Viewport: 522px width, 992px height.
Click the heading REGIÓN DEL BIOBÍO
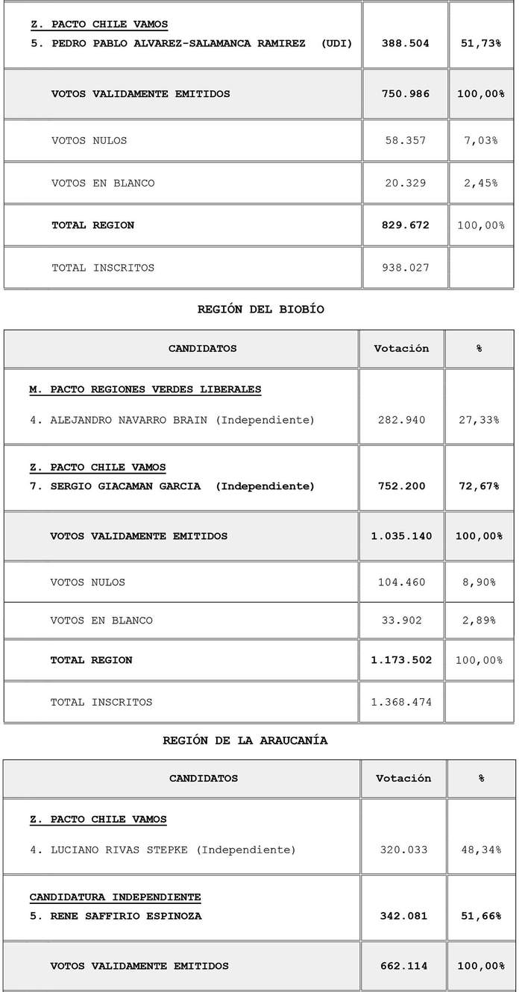[x=260, y=309]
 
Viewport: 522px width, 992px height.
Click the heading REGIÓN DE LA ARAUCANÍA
[x=245, y=741]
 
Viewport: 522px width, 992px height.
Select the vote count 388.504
[x=405, y=43]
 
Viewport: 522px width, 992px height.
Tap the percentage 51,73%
[x=480, y=43]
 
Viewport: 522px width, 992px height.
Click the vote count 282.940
[x=401, y=420]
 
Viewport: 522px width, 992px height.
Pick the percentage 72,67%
[x=479, y=486]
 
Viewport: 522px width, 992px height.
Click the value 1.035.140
[x=401, y=536]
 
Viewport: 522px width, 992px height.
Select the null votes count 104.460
[x=401, y=582]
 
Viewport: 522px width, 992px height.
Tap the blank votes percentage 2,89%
[x=479, y=620]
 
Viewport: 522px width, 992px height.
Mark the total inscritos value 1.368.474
[x=401, y=702]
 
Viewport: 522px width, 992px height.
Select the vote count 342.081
[x=403, y=915]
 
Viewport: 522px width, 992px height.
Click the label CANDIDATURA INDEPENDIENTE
[x=115, y=897]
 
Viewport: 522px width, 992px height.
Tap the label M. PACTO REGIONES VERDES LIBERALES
[x=145, y=389]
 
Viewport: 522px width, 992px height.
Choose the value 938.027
[x=405, y=267]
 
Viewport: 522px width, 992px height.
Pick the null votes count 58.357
[x=405, y=140]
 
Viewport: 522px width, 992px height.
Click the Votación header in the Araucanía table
[x=403, y=778]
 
